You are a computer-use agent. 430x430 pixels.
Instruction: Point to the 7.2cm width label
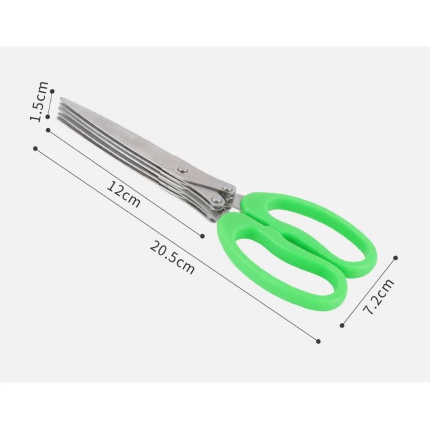(x=379, y=296)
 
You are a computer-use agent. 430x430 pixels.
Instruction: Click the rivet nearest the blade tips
(x=183, y=169)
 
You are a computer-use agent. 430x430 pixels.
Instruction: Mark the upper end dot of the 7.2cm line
(x=395, y=257)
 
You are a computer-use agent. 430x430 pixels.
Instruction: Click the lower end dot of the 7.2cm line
(x=342, y=325)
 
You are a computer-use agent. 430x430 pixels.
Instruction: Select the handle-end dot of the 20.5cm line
(x=318, y=341)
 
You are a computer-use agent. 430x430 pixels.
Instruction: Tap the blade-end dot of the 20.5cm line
(x=35, y=148)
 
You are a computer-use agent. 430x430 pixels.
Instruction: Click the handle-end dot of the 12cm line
(x=202, y=236)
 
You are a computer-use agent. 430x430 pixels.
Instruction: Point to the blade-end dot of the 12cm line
(x=48, y=130)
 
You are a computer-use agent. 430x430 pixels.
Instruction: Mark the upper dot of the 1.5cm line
(x=52, y=91)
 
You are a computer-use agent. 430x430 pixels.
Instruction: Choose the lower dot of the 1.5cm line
(x=48, y=117)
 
